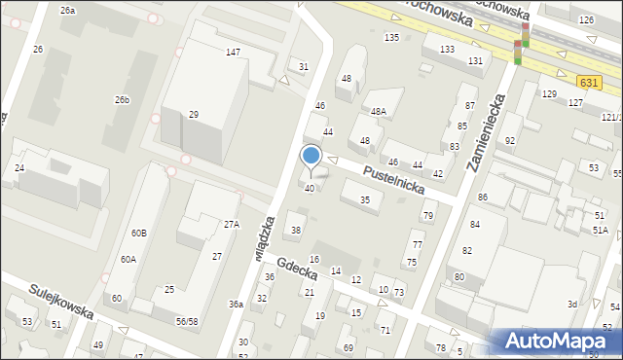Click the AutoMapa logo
(x=558, y=342)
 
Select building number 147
(x=233, y=52)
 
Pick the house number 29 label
(x=194, y=115)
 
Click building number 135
(x=391, y=37)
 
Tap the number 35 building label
(x=365, y=199)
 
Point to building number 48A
(x=378, y=112)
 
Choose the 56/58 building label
(x=187, y=321)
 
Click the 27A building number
(x=231, y=224)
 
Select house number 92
(x=510, y=141)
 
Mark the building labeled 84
(x=475, y=225)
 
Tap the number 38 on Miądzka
(x=296, y=231)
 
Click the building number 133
(x=447, y=49)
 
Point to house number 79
(x=426, y=215)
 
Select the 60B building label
(x=139, y=234)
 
